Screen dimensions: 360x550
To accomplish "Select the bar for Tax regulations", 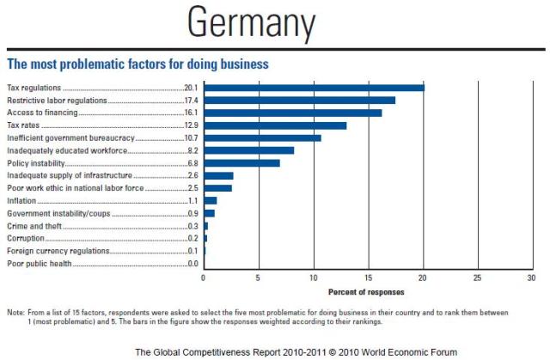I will click(x=314, y=88).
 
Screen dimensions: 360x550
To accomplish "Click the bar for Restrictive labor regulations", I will click(x=299, y=100).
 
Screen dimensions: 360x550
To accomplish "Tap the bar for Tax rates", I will click(x=275, y=125).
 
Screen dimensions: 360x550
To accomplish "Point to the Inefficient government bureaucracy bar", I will click(x=262, y=137).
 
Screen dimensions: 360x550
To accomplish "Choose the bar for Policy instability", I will click(x=241, y=162).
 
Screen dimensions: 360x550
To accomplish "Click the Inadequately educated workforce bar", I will click(x=248, y=150).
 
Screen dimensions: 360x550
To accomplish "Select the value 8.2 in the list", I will click(x=192, y=150).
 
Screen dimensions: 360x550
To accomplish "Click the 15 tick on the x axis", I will click(x=368, y=278).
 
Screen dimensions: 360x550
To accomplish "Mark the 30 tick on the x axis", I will click(x=531, y=278).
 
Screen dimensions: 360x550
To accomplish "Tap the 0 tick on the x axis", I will click(x=204, y=278).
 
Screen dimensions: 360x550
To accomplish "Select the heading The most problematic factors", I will click(x=138, y=64).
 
